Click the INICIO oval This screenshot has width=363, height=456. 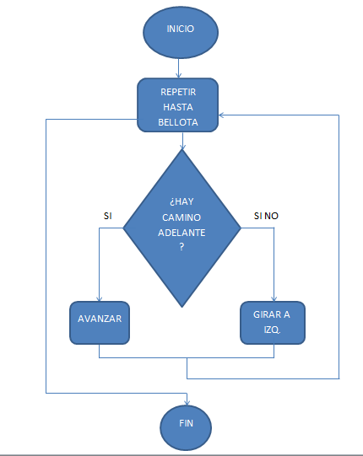(x=181, y=32)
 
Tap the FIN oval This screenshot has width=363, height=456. (x=186, y=427)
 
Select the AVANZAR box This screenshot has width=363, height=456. (x=100, y=323)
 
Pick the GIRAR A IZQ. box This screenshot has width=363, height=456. (x=273, y=323)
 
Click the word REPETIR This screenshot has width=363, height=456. (x=178, y=92)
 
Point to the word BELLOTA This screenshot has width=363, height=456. (x=178, y=122)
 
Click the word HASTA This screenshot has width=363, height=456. (x=178, y=107)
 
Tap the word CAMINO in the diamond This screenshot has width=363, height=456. (x=181, y=217)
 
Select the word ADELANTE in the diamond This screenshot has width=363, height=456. (x=181, y=233)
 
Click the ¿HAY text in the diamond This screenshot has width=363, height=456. (x=181, y=201)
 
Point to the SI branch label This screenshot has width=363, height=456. (x=108, y=216)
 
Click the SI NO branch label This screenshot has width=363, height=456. (x=266, y=216)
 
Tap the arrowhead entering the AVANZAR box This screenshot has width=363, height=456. (x=100, y=299)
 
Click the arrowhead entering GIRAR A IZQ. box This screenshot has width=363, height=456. (x=274, y=299)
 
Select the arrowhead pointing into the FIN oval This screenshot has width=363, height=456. (x=187, y=403)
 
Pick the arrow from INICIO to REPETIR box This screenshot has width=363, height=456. (x=179, y=68)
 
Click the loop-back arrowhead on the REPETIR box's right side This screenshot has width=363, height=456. (x=221, y=115)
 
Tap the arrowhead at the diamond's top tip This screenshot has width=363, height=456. (x=182, y=148)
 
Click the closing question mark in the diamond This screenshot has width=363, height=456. (x=181, y=247)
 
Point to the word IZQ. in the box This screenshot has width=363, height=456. (x=272, y=330)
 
